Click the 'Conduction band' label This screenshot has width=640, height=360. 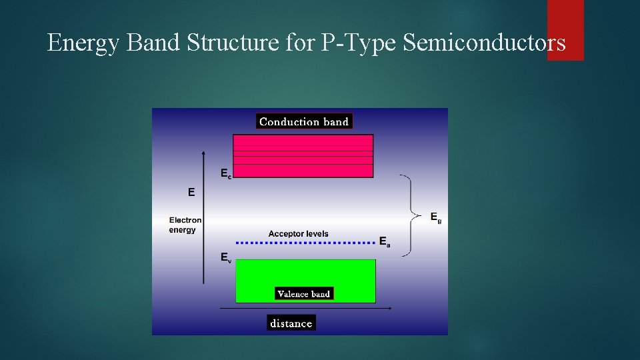[x=304, y=121]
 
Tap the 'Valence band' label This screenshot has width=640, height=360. [x=303, y=293]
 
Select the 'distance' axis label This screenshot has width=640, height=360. [x=291, y=323]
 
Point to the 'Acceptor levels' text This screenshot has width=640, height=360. [x=298, y=234]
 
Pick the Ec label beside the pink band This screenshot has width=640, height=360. [x=226, y=173]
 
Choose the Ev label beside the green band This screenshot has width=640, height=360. [x=226, y=257]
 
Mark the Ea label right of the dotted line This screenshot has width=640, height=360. [x=385, y=242]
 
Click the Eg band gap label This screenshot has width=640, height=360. [x=435, y=217]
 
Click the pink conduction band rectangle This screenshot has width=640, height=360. [x=303, y=156]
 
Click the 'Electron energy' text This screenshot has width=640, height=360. [x=185, y=225]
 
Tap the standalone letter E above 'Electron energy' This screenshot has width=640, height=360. [x=191, y=192]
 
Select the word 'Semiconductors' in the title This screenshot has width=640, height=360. [x=485, y=43]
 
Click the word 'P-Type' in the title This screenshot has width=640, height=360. [x=360, y=43]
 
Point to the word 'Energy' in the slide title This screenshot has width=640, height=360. [x=84, y=43]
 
